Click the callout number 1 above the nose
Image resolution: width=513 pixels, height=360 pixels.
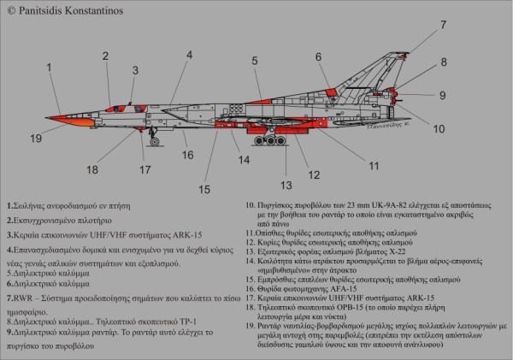pos(49,68)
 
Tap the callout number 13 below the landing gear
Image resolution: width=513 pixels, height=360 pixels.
pos(286,185)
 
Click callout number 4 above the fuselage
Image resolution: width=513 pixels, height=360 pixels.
pos(189,56)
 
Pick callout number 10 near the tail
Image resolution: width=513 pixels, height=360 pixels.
pos(439,129)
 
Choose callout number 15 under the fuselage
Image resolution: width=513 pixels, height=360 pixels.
pos(204,188)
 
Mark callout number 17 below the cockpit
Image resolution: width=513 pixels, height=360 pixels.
pos(145,168)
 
